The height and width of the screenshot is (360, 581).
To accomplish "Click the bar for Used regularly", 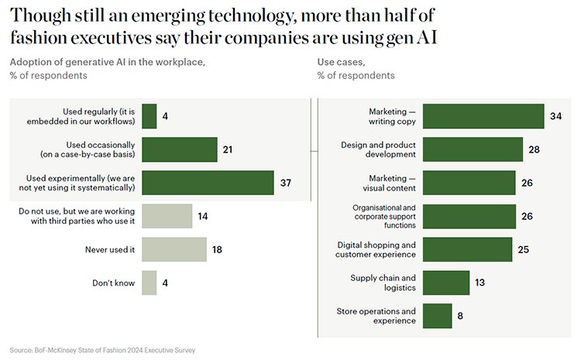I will click(x=150, y=116).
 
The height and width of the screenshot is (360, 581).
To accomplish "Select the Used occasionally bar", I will click(x=180, y=149).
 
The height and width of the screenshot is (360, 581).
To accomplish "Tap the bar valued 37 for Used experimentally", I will click(x=208, y=183).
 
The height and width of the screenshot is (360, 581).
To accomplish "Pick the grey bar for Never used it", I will click(x=174, y=249).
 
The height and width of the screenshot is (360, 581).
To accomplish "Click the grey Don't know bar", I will click(x=150, y=283).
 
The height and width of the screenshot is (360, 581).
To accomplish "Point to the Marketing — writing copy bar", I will click(x=483, y=116).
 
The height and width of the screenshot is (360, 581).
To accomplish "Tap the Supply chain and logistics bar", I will click(x=446, y=283).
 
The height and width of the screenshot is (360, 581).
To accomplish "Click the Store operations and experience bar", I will click(x=437, y=316).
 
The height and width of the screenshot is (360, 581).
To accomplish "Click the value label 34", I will click(x=555, y=116).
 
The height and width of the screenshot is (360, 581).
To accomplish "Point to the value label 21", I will click(x=228, y=149).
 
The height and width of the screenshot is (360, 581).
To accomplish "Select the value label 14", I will click(x=203, y=216).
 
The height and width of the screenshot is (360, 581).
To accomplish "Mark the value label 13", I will click(x=480, y=283).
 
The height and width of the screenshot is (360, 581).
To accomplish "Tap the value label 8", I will click(x=460, y=316).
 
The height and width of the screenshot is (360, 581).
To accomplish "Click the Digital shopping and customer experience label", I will click(x=376, y=249).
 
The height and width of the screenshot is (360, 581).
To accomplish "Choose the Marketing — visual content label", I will click(x=392, y=183).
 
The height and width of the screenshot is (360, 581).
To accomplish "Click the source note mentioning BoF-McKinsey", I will click(x=103, y=350).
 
